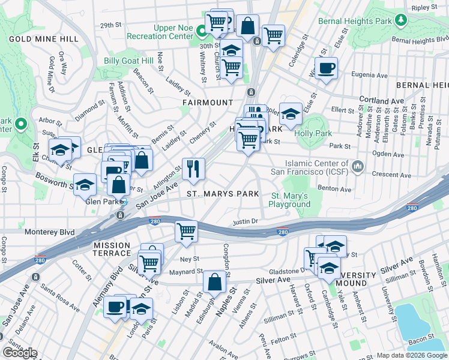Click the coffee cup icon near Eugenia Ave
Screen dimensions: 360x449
326,68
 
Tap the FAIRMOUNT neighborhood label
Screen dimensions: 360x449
208,103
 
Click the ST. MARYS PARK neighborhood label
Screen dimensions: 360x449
223,194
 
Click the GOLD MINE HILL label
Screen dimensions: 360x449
43,39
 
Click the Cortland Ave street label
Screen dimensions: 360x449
381,100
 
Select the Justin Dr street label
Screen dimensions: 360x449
246,221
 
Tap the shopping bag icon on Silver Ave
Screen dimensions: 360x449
214,282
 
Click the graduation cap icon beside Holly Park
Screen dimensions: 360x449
290,113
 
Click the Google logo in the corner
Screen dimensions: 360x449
19,353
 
